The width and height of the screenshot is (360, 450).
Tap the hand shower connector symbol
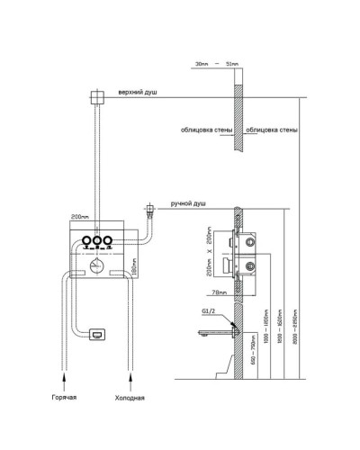tap(149, 211)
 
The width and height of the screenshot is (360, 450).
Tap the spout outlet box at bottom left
tap(96, 333)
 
